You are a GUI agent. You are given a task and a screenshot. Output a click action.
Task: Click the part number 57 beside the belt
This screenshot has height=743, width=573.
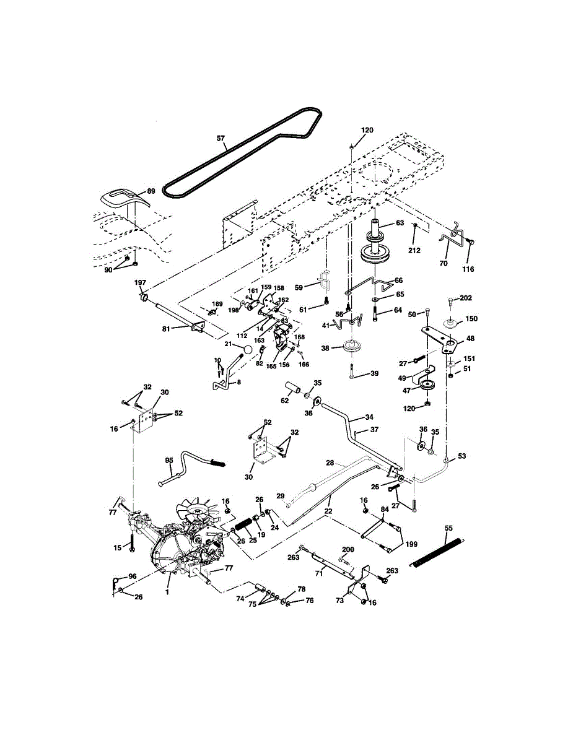(221, 138)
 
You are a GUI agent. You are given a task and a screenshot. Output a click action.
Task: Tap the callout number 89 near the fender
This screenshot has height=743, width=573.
(151, 191)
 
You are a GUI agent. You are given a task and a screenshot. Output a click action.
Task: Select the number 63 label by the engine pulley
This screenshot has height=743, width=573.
(400, 223)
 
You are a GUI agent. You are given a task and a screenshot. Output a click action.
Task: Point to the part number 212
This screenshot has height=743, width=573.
(414, 250)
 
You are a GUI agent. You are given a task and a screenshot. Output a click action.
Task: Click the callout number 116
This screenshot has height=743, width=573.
(468, 269)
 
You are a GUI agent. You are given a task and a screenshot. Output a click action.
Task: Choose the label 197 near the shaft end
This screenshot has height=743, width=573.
(140, 282)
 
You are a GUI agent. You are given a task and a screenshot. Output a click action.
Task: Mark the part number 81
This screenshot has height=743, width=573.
(166, 329)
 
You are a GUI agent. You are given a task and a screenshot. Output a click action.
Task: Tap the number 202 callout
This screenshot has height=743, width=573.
(466, 298)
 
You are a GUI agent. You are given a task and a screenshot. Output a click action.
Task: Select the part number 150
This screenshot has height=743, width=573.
(472, 319)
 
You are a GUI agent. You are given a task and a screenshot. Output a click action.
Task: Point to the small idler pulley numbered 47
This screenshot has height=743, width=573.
(427, 385)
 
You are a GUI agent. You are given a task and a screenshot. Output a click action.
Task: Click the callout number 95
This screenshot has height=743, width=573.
(169, 460)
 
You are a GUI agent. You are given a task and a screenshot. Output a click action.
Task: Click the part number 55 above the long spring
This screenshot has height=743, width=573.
(448, 528)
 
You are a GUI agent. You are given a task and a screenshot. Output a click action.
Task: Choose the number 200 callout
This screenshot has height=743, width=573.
(348, 549)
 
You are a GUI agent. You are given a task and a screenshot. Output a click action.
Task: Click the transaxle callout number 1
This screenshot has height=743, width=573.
(167, 592)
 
